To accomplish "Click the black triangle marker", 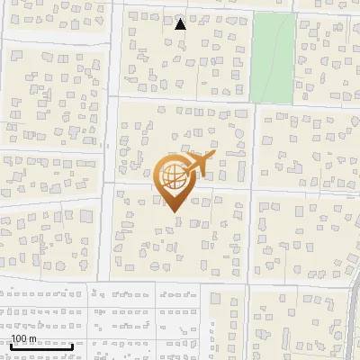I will click(180, 24).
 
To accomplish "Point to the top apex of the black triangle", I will click(180, 18).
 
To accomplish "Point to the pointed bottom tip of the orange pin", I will click(174, 211).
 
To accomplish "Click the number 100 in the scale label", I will click(19, 338).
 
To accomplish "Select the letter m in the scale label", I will click(32, 338).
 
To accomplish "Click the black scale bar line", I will click(40, 346).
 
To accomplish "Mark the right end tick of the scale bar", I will click(73, 345).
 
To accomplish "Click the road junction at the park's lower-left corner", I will click(252, 101).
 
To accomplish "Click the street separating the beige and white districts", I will click(180, 282).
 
